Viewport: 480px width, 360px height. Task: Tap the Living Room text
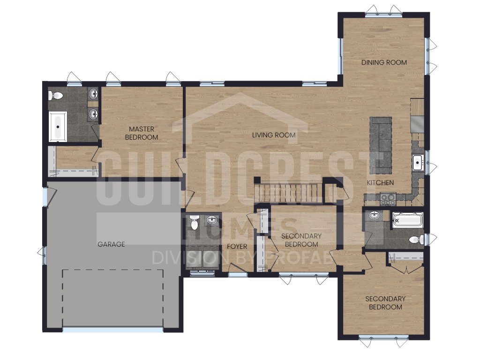274,135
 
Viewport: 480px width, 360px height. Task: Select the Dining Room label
384,62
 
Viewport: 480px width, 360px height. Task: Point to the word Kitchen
380,182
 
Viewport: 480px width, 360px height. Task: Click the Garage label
111,244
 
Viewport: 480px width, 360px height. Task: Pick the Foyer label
237,247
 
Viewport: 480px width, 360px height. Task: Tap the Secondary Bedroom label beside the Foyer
301,240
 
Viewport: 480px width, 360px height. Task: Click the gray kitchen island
381,144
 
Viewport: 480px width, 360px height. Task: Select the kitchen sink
418,163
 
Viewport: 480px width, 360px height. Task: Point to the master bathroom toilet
56,96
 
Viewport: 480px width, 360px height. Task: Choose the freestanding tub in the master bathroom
59,126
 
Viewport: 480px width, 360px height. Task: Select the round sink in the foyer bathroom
212,220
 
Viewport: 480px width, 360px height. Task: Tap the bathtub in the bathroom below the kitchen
407,219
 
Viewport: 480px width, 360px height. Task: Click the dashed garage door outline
112,298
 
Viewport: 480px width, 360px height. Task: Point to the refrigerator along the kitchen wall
417,124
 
